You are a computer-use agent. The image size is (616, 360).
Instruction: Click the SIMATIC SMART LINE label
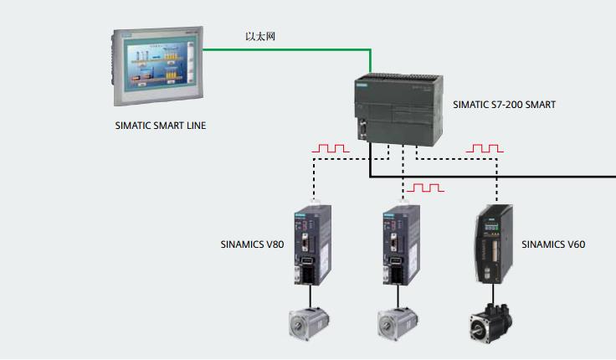pyautogui.click(x=160, y=126)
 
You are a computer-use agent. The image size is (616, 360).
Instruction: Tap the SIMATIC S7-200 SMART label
pyautogui.click(x=504, y=105)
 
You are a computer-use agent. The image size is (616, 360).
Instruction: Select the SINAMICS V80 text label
pyautogui.click(x=251, y=245)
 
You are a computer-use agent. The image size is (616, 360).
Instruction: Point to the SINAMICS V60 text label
pyautogui.click(x=552, y=245)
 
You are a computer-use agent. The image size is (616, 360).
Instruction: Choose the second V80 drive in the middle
pyautogui.click(x=401, y=244)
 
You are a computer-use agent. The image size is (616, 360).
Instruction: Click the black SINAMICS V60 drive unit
pyautogui.click(x=495, y=244)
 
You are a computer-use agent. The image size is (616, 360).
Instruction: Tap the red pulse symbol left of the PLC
pyautogui.click(x=330, y=148)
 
